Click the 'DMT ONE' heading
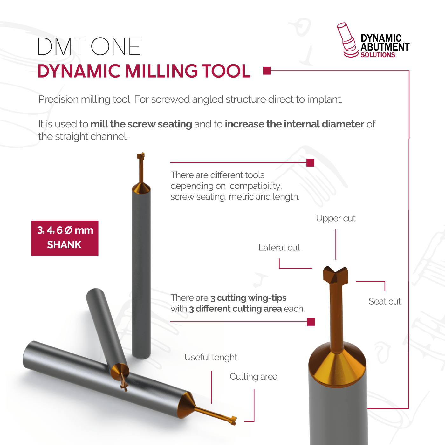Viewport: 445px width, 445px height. pos(89,46)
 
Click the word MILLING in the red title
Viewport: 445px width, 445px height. pos(161,71)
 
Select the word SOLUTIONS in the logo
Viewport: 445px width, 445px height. pos(378,55)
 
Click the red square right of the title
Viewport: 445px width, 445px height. pos(267,71)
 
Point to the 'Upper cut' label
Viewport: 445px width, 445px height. pos(336,218)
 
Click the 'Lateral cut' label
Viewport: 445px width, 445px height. pos(279,248)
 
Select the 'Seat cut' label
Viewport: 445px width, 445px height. pos(385,301)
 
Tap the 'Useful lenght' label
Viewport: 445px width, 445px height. pos(211,358)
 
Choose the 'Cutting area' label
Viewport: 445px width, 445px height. pos(253,377)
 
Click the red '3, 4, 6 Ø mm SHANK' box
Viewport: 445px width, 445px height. pos(65,238)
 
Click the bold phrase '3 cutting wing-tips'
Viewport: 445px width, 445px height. pos(248,298)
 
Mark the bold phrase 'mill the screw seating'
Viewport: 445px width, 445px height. pos(141,124)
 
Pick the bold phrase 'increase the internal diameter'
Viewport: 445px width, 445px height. pos(294,124)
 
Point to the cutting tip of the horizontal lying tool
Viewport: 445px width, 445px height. pos(234,421)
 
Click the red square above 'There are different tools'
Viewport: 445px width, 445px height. pos(310,162)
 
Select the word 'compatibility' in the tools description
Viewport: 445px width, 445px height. pos(256,186)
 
